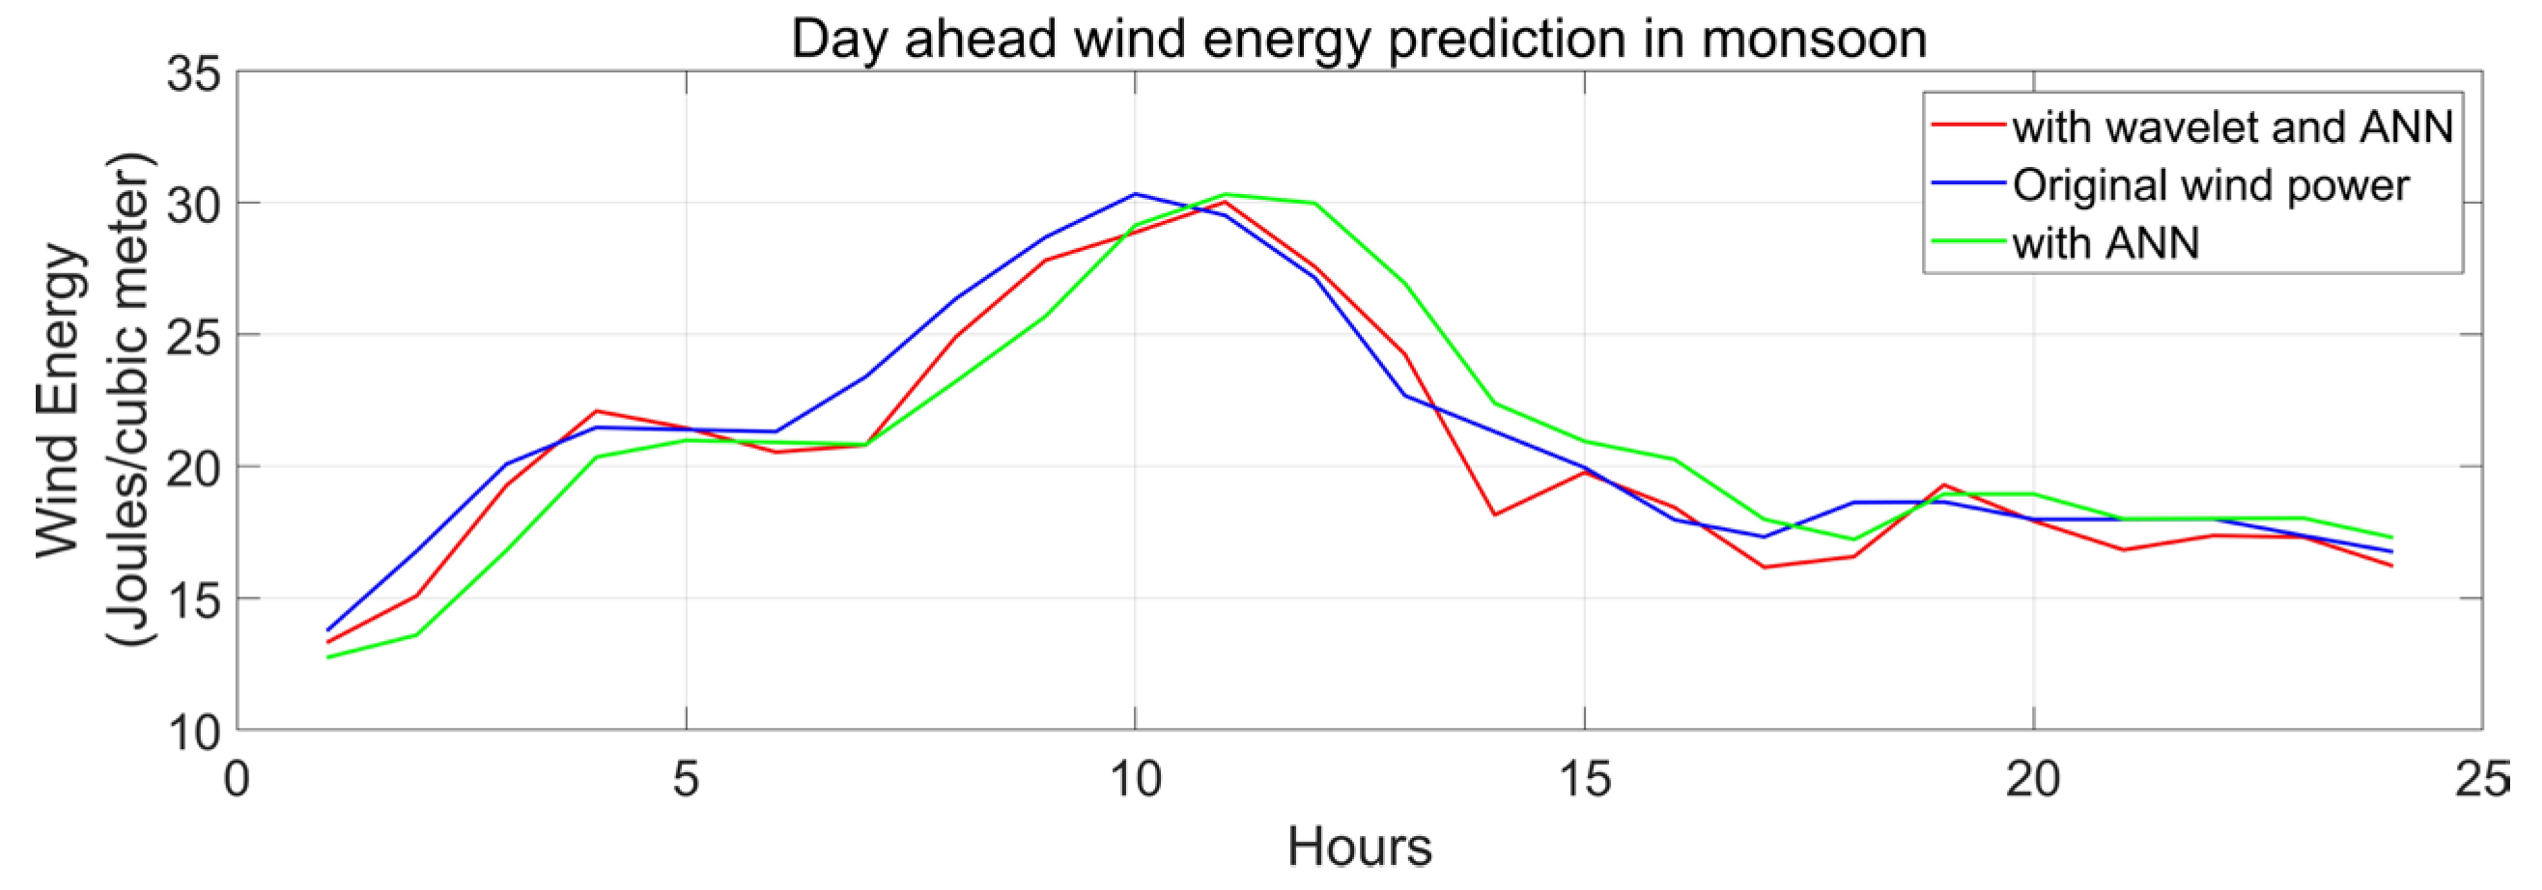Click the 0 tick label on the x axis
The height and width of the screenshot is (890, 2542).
[x=237, y=780]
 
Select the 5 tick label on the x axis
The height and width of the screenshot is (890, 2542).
[x=686, y=780]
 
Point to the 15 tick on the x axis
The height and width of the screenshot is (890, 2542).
[x=1585, y=780]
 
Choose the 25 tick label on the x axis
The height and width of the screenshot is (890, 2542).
[x=2481, y=780]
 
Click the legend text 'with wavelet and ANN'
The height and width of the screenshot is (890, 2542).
[x=2232, y=127]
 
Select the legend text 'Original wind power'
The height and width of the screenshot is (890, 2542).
[x=2211, y=185]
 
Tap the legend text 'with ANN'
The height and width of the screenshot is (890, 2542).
[x=2105, y=242]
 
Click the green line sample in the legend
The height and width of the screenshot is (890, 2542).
[x=1967, y=242]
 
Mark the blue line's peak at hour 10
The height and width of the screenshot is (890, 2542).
[x=1135, y=194]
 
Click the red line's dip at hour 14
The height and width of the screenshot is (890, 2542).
[x=1495, y=515]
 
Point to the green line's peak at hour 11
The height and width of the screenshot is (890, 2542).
[x=1225, y=194]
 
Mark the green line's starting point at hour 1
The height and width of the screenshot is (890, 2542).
[x=327, y=657]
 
